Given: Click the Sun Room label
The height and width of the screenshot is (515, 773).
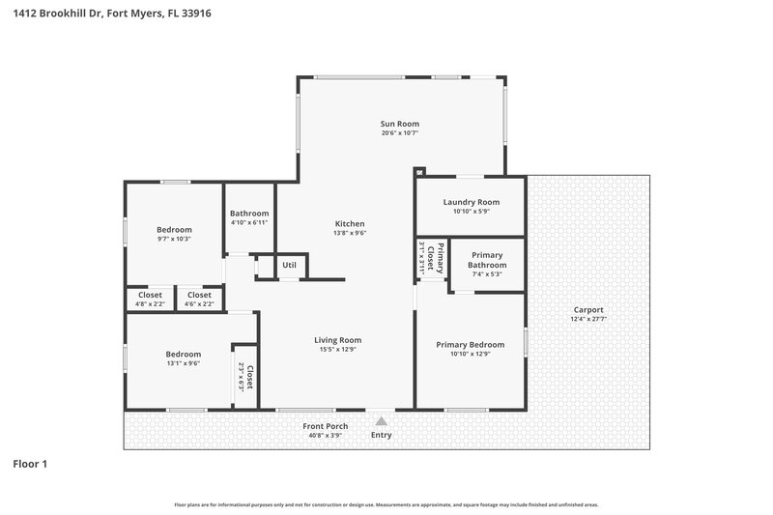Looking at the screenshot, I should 400,124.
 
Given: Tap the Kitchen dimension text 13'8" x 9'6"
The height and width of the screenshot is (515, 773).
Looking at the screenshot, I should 349,233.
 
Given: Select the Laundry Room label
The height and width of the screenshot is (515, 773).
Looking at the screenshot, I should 471,202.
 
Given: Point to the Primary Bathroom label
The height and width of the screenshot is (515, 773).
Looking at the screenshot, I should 487,259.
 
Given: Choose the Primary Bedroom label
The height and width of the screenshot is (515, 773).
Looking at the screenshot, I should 471,345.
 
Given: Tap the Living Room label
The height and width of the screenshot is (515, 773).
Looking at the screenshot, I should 337,340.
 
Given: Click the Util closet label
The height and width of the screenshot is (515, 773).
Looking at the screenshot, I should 289,265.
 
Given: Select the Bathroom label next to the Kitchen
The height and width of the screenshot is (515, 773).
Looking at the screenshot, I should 249,214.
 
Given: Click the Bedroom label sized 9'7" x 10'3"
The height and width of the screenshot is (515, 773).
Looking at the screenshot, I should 174,229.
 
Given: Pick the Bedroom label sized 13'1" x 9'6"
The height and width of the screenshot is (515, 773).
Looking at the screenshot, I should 182,354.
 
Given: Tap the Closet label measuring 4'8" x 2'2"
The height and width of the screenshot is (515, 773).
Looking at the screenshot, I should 150,295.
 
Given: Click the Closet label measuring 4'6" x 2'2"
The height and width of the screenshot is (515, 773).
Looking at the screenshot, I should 199,295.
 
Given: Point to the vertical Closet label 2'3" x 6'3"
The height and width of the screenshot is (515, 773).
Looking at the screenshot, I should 249,377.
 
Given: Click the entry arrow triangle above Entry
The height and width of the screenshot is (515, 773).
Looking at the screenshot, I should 382,420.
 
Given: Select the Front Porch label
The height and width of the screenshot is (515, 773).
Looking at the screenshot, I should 325,426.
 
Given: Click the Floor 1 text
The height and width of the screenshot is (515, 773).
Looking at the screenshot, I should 29,464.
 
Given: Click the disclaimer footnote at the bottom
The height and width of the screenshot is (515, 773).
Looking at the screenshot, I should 386,504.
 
